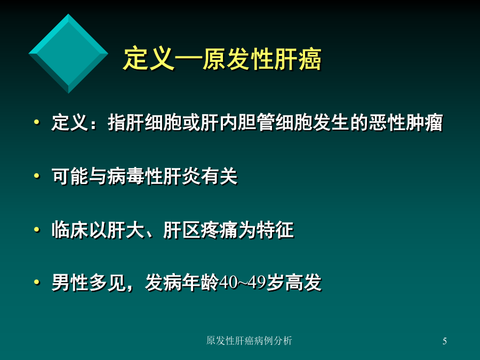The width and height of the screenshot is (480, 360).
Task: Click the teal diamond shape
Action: (x=68, y=53)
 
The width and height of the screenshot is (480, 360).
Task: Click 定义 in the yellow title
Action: (x=148, y=59)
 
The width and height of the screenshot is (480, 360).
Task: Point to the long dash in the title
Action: (x=188, y=58)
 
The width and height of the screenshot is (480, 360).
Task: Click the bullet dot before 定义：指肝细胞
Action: (x=37, y=123)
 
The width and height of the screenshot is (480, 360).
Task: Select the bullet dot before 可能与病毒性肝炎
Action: (x=37, y=176)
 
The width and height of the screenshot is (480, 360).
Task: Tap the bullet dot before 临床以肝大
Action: (x=37, y=229)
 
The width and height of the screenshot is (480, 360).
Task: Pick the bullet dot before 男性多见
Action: (x=37, y=282)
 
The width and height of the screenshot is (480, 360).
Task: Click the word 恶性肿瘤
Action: (x=406, y=123)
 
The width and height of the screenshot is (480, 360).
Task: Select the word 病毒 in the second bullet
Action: (x=126, y=177)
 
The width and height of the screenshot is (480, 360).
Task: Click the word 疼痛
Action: (x=219, y=230)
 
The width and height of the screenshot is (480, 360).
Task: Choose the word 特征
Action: (x=275, y=230)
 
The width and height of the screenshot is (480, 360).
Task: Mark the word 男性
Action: (x=70, y=283)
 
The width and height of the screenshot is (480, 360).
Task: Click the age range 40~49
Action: (x=243, y=283)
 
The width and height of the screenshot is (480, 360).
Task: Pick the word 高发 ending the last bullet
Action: (x=303, y=283)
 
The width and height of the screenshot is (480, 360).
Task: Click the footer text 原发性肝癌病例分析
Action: (x=249, y=340)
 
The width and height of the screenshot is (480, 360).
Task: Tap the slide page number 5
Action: (x=444, y=341)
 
